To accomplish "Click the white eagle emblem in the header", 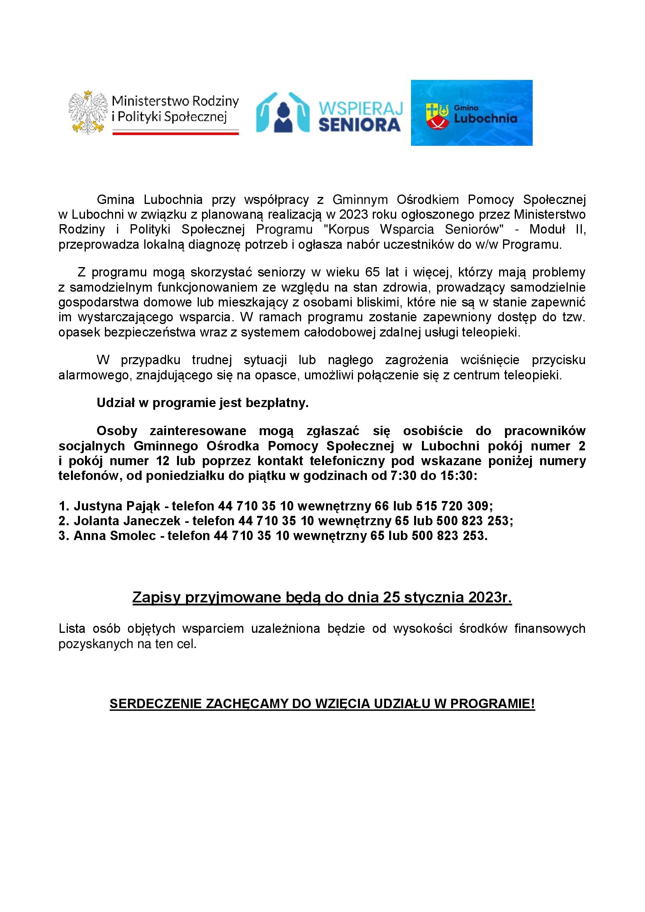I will pyautogui.click(x=88, y=112).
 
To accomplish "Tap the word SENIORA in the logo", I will pyautogui.click(x=360, y=125).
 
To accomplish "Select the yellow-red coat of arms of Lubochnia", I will pyautogui.click(x=437, y=116).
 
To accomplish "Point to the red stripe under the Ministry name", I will pyautogui.click(x=175, y=133).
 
